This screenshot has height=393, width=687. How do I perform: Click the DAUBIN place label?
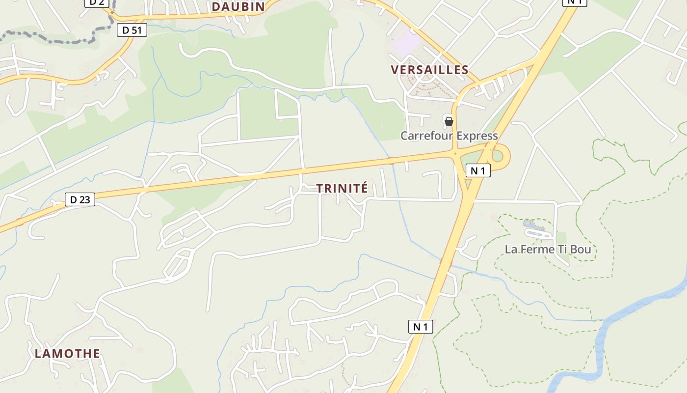(x=238, y=6)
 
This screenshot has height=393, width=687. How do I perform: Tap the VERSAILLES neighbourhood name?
(x=429, y=70)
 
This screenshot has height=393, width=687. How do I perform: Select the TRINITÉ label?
(x=342, y=188)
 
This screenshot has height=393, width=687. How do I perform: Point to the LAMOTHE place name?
(x=67, y=353)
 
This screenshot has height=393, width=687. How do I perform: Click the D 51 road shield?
(x=132, y=30)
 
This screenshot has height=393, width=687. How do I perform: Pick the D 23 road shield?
(x=80, y=199)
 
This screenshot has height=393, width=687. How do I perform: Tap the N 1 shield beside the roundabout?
(x=478, y=170)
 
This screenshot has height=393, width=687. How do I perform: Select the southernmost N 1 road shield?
(x=421, y=326)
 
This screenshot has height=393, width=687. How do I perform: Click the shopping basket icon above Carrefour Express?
(x=449, y=121)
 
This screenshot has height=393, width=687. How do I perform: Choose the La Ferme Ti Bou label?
(x=548, y=250)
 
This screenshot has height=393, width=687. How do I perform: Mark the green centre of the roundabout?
(x=498, y=156)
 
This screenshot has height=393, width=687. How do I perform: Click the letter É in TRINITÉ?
(x=364, y=188)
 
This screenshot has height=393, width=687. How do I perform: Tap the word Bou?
(x=581, y=250)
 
